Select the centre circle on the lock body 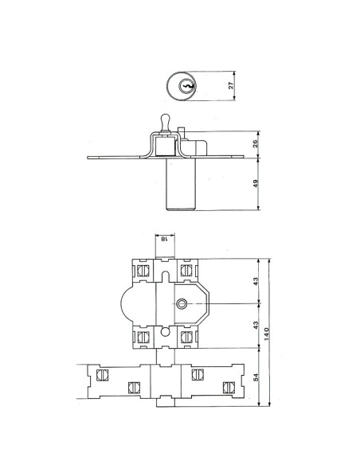click(x=182, y=304)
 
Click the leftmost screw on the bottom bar click(x=101, y=374)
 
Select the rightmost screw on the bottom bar click(x=229, y=388)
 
